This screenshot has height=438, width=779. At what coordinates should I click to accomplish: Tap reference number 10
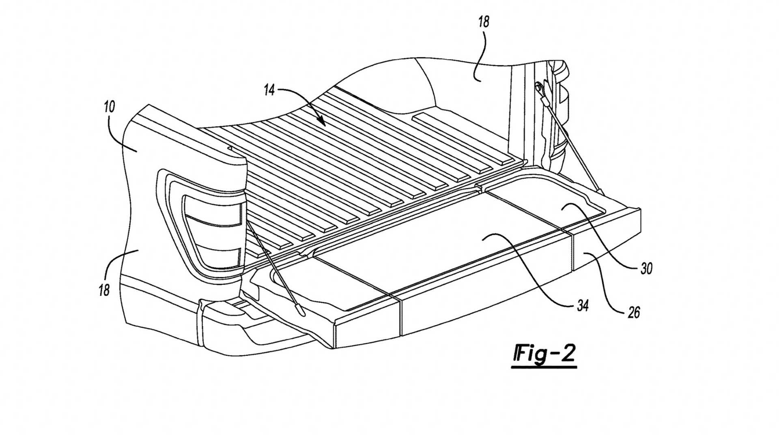click(x=109, y=107)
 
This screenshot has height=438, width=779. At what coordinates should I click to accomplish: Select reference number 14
click(x=269, y=90)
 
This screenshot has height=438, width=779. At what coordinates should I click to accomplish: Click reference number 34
click(x=583, y=305)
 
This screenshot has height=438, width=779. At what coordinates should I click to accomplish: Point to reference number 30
click(x=646, y=268)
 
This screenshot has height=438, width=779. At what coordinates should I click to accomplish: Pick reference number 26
click(x=633, y=312)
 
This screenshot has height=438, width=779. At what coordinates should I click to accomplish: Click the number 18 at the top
click(x=484, y=21)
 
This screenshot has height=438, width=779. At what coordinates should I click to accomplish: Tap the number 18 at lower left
click(x=104, y=290)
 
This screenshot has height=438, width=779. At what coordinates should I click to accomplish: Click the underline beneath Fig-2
click(x=544, y=367)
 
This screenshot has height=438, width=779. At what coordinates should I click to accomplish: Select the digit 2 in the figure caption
click(x=567, y=354)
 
